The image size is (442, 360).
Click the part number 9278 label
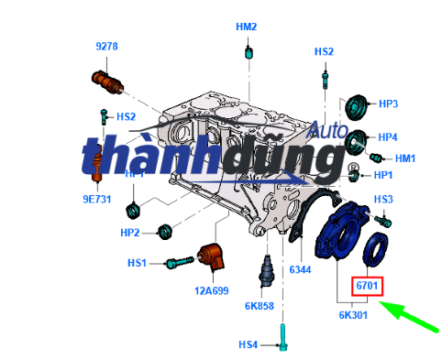(x=107, y=45)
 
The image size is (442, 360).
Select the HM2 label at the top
(x=246, y=27)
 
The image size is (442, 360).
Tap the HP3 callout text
(x=387, y=104)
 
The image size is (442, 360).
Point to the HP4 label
(x=387, y=137)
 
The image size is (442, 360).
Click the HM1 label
(x=404, y=158)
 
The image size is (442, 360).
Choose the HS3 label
(x=383, y=199)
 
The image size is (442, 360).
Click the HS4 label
(x=249, y=344)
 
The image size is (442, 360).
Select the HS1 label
(x=138, y=264)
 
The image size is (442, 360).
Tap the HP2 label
(x=130, y=233)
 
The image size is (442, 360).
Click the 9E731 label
(x=97, y=197)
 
